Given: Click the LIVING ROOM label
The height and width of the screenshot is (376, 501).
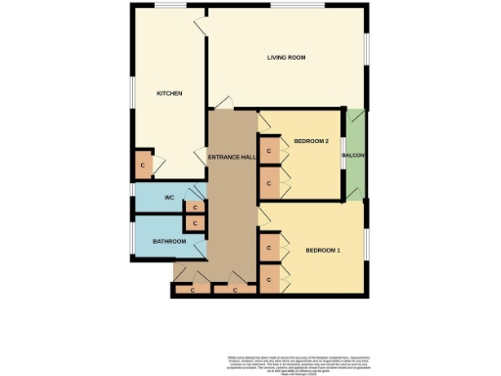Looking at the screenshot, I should (x=287, y=58).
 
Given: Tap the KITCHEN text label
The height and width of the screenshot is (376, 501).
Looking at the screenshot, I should (x=170, y=93).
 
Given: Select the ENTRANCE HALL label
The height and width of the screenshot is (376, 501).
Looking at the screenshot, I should (x=234, y=158).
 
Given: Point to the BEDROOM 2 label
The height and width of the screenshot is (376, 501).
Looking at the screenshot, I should (x=310, y=142).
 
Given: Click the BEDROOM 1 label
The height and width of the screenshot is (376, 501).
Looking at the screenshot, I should (x=323, y=251).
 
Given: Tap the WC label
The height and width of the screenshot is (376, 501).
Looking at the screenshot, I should (x=168, y=198).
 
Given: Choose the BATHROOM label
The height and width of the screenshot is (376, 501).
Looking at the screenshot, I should (x=168, y=241).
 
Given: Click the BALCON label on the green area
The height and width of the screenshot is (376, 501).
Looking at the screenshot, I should (x=353, y=157).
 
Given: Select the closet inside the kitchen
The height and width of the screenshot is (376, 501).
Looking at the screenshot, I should (x=144, y=165).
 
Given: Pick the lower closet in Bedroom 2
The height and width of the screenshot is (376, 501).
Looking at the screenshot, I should (x=268, y=182).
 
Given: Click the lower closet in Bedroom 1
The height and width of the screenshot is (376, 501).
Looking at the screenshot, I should (x=268, y=280).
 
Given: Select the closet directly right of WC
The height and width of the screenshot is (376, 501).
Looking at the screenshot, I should (x=195, y=208).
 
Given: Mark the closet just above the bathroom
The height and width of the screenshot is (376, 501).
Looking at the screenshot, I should (x=195, y=224).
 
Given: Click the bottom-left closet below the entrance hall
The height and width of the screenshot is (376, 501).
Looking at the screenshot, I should (x=192, y=290).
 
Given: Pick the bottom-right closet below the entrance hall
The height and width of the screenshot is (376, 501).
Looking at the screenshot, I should (x=235, y=290).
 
